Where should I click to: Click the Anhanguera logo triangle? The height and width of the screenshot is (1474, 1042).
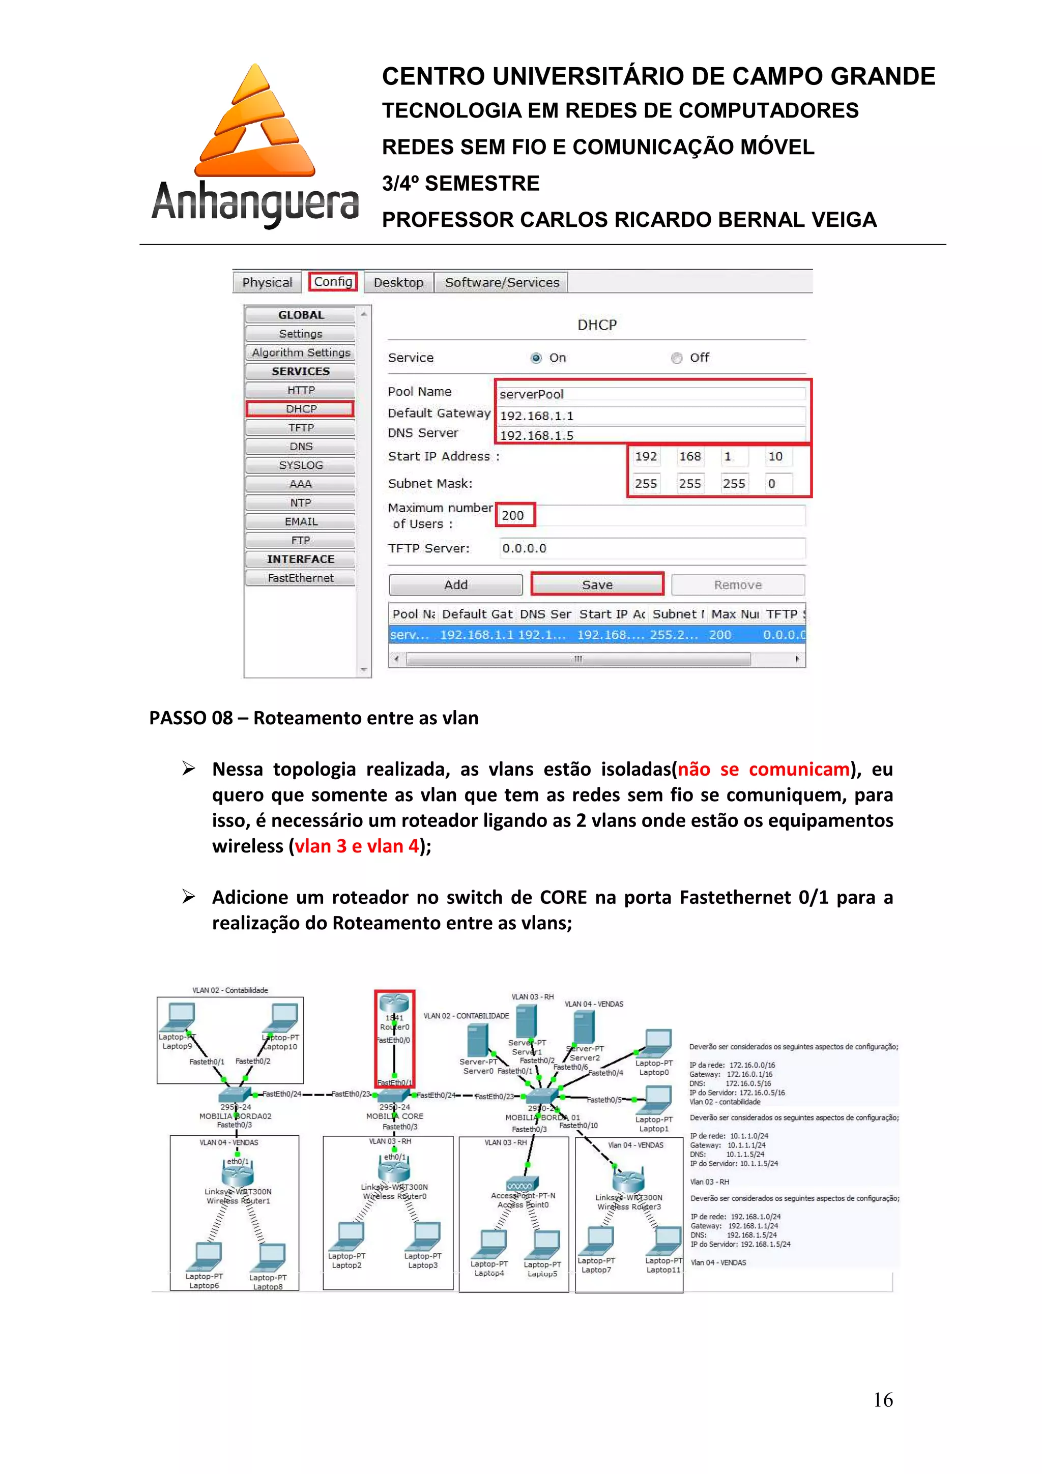[x=255, y=122]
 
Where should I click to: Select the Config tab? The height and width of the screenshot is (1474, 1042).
[x=333, y=282]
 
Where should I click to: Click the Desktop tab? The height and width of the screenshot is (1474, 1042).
[x=398, y=282]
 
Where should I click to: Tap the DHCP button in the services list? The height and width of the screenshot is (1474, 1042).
[x=301, y=409]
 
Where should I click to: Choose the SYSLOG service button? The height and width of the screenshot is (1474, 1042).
[x=301, y=465]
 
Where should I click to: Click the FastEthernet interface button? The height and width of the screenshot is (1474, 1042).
[x=301, y=578]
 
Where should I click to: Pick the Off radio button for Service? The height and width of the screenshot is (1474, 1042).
[x=676, y=358]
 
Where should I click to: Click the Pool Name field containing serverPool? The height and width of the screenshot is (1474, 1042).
[x=651, y=394]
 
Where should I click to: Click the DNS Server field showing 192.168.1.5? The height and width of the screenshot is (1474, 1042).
[x=651, y=435]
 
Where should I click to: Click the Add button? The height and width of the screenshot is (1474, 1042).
[x=456, y=585]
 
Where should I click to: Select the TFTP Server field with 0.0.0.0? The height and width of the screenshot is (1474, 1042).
[x=651, y=548]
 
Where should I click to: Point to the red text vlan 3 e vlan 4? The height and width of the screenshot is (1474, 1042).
[x=356, y=846]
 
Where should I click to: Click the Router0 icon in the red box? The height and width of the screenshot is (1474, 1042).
[x=394, y=1004]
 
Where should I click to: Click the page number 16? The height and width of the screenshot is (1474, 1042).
[x=883, y=1400]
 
